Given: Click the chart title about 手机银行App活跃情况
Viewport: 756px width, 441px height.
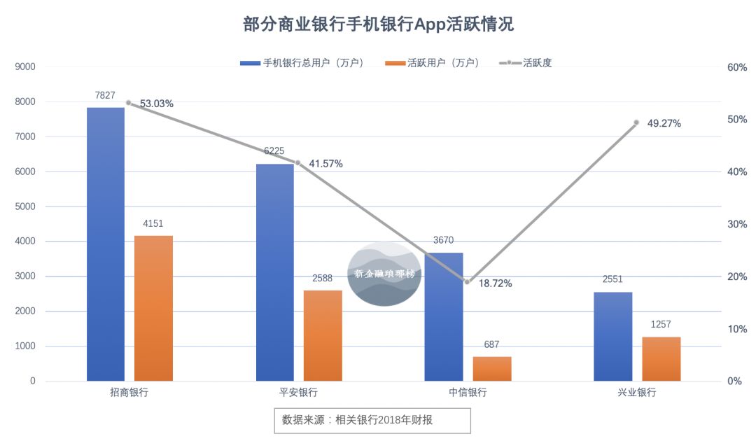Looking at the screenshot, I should tap(378, 24).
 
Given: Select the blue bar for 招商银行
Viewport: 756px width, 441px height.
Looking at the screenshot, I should tap(106, 245).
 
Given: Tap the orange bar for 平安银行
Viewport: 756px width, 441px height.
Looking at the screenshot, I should tap(323, 336).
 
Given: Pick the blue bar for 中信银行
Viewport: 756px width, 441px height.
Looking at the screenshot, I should tap(444, 317).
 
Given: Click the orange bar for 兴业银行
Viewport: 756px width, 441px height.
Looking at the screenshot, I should tap(661, 359).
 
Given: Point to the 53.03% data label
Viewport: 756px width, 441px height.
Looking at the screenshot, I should tap(157, 104).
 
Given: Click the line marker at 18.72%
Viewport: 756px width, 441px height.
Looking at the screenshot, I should tap(468, 281).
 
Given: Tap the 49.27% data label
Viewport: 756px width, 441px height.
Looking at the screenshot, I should tap(664, 123).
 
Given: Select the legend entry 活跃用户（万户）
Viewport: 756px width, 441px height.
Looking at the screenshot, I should tap(433, 63).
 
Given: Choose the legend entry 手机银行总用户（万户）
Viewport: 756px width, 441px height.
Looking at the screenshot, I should tap(302, 63).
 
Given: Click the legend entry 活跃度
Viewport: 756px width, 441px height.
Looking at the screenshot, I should tap(526, 63).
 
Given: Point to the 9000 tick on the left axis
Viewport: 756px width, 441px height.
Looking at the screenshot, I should tap(25, 67).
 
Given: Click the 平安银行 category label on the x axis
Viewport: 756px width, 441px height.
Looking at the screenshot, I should tap(298, 393).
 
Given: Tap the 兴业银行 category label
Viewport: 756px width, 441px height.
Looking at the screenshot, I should tap(637, 393).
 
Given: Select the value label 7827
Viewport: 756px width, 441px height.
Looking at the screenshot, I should tap(106, 95).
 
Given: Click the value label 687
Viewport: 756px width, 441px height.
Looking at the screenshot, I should tap(491, 344).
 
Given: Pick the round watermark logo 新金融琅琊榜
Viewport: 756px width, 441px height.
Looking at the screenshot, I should tap(384, 274).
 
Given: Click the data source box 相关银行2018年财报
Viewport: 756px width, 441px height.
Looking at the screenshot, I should tap(372, 420).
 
